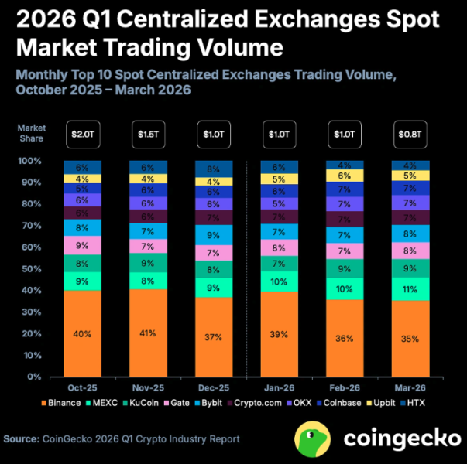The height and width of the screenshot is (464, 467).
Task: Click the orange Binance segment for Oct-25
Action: [83, 334]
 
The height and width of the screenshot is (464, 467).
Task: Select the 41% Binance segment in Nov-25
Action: [147, 333]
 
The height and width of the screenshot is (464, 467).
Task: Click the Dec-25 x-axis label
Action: [213, 388]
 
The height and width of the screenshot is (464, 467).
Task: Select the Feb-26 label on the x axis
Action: [345, 388]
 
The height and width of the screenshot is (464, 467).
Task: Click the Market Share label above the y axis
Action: [33, 132]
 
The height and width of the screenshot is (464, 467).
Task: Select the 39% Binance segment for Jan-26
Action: [280, 334]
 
